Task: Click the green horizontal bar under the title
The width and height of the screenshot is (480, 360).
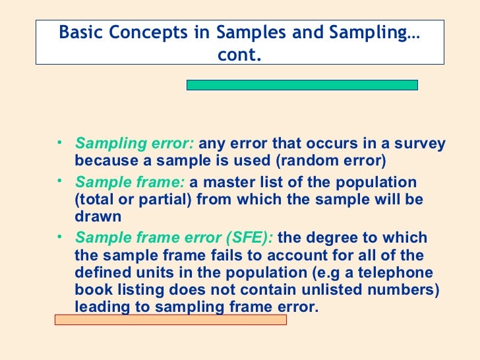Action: [x=302, y=85]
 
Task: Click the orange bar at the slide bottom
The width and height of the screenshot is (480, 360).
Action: [x=170, y=320]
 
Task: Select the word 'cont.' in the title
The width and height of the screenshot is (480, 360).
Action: [x=239, y=55]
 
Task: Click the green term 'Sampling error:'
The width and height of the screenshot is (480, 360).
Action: [x=135, y=144]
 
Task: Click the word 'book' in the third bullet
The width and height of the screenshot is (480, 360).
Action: [x=93, y=290]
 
